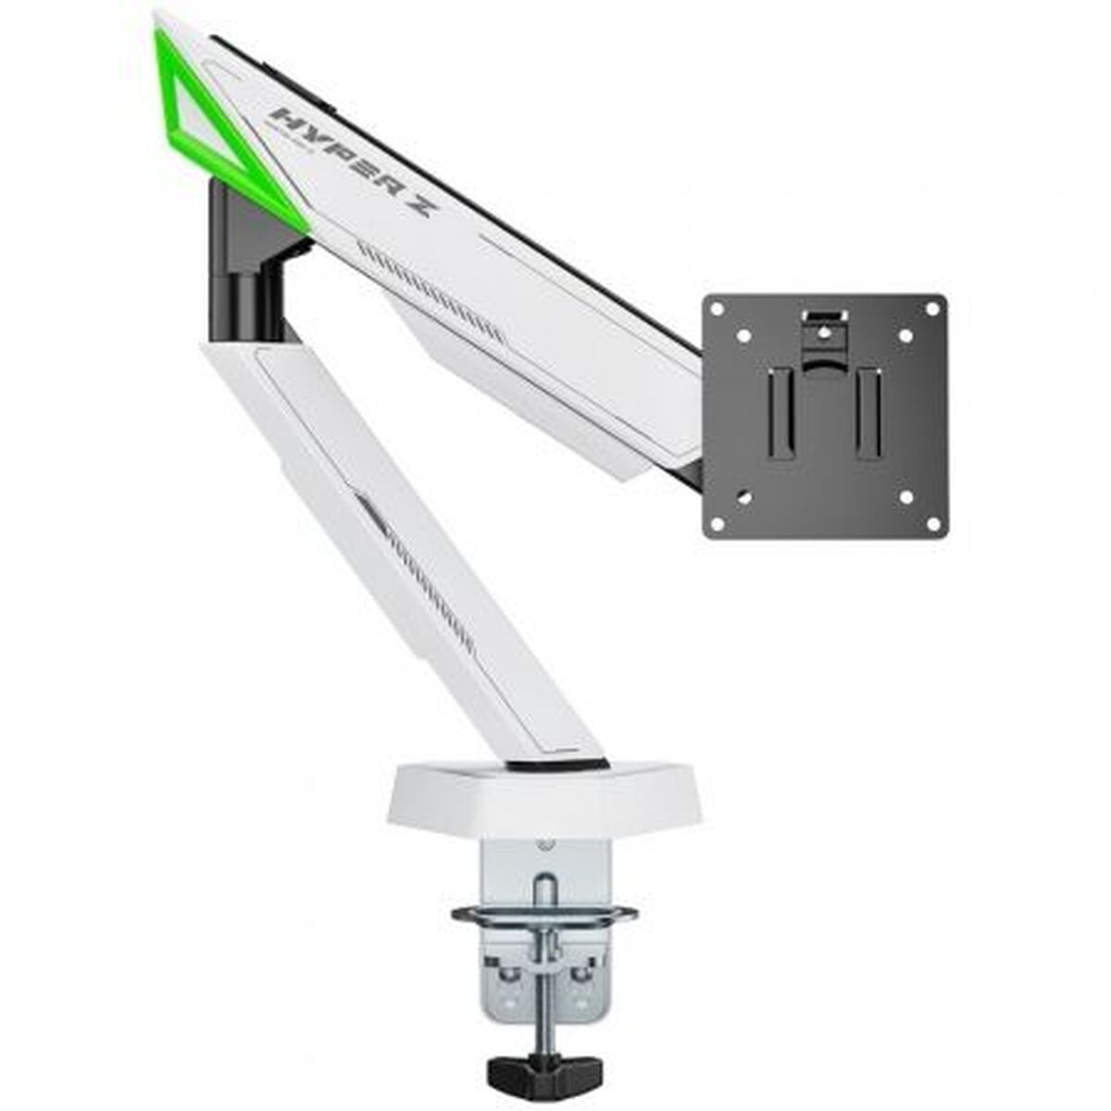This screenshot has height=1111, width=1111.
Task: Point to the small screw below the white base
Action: pyautogui.click(x=545, y=844)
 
